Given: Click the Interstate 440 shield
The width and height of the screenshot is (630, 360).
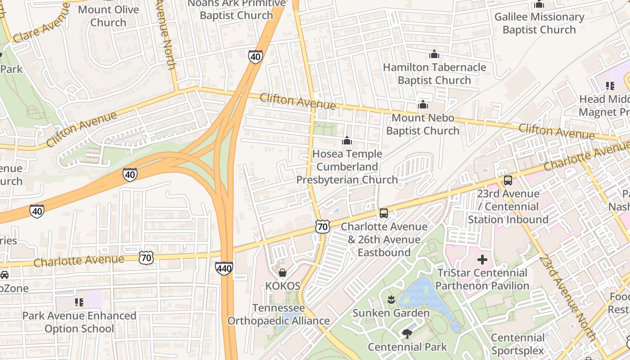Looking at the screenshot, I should [224, 269].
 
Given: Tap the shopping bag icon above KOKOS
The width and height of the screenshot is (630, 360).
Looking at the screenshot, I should [283, 272].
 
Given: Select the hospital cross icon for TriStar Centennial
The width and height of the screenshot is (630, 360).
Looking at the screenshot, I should [482, 260].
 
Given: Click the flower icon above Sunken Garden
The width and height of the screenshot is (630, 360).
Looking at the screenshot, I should [391, 299].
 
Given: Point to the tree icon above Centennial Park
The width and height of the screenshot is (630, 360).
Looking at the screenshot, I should [407, 333].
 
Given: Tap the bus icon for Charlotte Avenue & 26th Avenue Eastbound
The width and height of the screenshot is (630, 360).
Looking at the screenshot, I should [383, 213].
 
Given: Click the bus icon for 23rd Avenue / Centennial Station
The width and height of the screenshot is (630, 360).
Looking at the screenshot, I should [508, 180].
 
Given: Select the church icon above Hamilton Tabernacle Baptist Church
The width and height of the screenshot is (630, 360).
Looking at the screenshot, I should [434, 54].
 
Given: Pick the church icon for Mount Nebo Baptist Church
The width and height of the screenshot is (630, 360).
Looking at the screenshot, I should [423, 104].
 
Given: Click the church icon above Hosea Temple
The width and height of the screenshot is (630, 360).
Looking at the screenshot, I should [346, 141].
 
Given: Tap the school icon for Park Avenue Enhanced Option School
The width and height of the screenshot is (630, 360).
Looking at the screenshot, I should [79, 302].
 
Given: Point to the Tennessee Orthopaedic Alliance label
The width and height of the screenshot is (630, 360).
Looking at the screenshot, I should [279, 315].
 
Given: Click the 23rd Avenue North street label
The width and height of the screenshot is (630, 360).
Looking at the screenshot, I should [567, 297].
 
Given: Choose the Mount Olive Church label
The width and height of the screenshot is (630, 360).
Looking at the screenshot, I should [108, 16].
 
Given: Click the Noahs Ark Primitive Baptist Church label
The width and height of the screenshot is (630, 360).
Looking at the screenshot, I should [236, 9].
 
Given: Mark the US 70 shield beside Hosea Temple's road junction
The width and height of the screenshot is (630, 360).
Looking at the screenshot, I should [322, 226].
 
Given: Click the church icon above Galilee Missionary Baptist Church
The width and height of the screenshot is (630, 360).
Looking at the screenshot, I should [539, 4].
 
